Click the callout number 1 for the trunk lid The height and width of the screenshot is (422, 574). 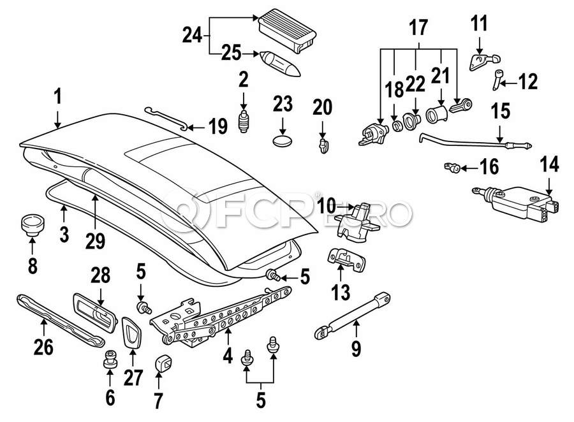pyautogui.click(x=58, y=98)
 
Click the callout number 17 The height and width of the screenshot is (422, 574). pyautogui.click(x=418, y=27)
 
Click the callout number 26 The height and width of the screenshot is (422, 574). pyautogui.click(x=43, y=347)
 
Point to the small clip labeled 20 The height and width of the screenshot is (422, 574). pyautogui.click(x=325, y=145)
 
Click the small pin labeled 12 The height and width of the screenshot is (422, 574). pyautogui.click(x=498, y=80)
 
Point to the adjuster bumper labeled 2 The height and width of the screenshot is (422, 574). pyautogui.click(x=243, y=121)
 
